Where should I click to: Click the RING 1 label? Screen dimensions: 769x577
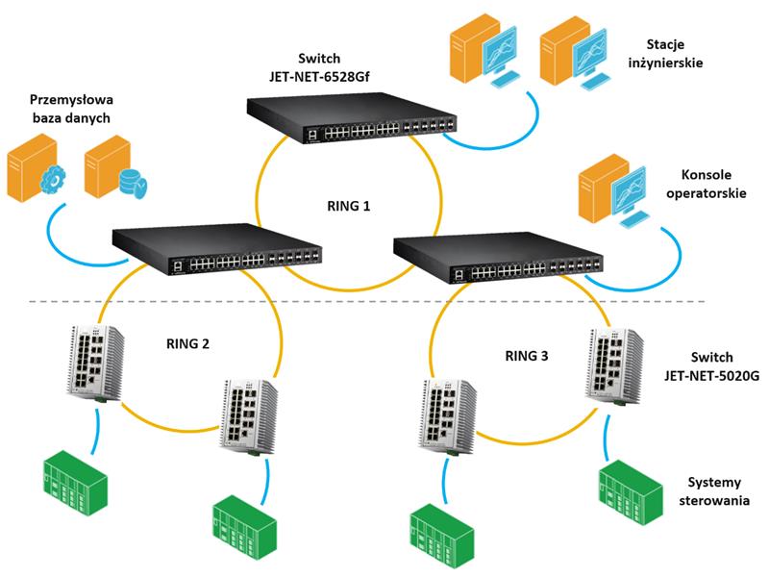point(348,206)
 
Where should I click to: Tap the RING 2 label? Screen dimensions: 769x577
point(187,344)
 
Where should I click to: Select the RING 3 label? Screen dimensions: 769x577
point(527,356)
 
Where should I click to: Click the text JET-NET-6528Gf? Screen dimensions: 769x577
point(319,77)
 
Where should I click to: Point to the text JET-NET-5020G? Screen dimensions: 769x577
point(712,376)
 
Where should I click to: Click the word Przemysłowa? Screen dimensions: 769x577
point(71,100)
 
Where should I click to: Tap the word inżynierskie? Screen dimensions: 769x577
point(665,63)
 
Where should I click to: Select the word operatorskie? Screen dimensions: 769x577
point(707,193)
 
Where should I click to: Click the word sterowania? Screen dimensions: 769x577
point(714,500)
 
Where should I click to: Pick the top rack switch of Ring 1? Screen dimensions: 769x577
point(351,117)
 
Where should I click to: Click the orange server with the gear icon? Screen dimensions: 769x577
point(35,168)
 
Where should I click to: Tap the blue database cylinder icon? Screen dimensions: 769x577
point(133,183)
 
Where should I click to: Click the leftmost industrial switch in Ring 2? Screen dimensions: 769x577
point(95,364)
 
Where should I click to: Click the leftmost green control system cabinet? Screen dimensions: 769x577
point(75,483)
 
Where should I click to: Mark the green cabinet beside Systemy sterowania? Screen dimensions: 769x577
point(631,491)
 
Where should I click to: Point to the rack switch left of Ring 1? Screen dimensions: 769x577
point(217,249)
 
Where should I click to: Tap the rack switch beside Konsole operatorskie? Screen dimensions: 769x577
point(498,258)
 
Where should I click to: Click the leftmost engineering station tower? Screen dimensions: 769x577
point(468,48)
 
